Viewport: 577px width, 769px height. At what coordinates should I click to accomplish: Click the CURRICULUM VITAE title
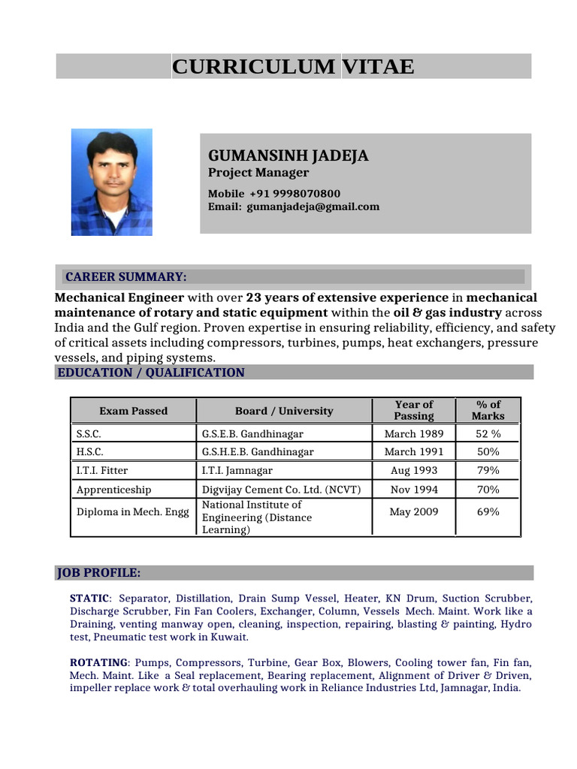[x=293, y=67]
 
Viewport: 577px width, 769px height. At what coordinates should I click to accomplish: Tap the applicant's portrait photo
[x=111, y=182]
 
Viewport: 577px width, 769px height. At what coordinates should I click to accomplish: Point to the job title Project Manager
[x=258, y=173]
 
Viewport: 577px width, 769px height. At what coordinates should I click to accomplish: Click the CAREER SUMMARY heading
[x=126, y=276]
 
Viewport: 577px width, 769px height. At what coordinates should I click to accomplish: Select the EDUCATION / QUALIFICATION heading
[x=151, y=372]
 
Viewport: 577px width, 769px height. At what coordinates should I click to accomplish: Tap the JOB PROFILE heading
[x=99, y=573]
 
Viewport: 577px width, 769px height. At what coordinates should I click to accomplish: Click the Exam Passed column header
[x=133, y=411]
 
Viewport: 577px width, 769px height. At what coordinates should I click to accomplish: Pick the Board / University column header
[x=283, y=411]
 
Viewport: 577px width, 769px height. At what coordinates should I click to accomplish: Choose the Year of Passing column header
[x=414, y=410]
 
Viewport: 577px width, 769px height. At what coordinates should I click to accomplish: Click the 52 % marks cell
[x=488, y=433]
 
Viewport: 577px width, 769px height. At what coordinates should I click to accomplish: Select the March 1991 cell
[x=414, y=452]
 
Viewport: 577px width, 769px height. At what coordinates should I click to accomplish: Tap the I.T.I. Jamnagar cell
[x=237, y=471]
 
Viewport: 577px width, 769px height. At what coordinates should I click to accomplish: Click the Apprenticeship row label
[x=113, y=490]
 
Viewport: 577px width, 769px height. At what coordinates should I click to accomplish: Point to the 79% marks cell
[x=488, y=471]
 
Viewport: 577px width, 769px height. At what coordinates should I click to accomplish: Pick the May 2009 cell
[x=414, y=512]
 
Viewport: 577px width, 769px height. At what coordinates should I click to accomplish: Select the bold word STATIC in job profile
[x=89, y=599]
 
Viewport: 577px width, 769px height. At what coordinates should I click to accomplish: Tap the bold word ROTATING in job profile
[x=98, y=663]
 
